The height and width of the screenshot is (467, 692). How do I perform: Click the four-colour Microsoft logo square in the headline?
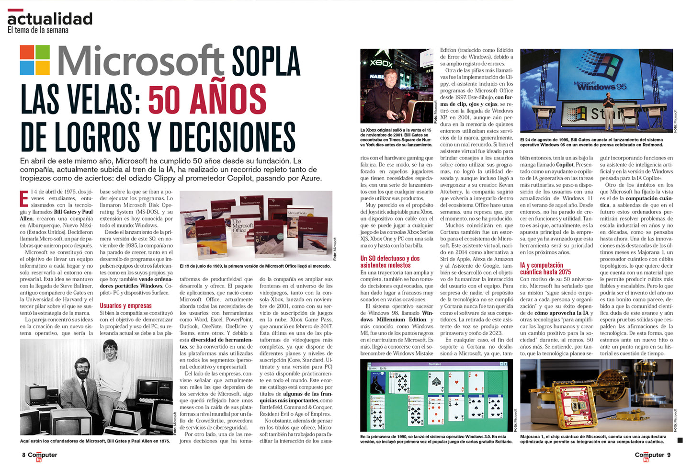(x=35, y=60)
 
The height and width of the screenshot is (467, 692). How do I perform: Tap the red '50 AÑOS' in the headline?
(x=207, y=100)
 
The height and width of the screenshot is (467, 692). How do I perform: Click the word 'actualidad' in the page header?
(x=50, y=19)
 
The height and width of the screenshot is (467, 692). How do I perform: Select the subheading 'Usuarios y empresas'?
(x=125, y=306)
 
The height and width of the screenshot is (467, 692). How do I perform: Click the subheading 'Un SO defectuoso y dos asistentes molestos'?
(x=390, y=262)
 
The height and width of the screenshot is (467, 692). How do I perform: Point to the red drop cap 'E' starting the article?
(x=24, y=198)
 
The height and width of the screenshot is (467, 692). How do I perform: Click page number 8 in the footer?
(x=23, y=455)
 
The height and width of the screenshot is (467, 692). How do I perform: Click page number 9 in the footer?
(x=669, y=455)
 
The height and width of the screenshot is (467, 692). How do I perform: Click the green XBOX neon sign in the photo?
(x=381, y=63)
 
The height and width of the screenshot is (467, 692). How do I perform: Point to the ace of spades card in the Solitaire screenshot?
(x=435, y=382)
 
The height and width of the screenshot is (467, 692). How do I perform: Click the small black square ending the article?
(x=680, y=440)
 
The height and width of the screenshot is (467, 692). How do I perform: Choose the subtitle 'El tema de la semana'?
(x=38, y=30)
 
